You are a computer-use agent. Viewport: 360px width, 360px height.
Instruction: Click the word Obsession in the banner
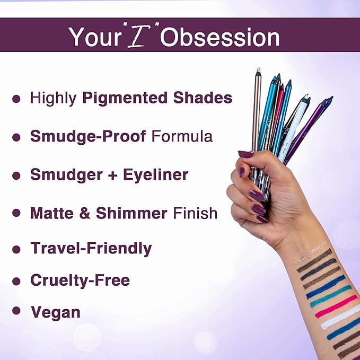click(x=219, y=37)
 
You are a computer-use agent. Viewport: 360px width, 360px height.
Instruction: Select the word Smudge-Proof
click(x=88, y=136)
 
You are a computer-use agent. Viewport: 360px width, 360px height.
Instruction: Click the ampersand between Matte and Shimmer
click(x=86, y=213)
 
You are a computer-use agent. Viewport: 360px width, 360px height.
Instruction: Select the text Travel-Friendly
click(x=91, y=248)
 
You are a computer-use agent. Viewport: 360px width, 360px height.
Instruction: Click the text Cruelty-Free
click(x=80, y=280)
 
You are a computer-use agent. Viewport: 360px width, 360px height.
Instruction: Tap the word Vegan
click(x=56, y=312)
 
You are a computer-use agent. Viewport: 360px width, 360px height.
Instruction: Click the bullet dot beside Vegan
click(x=16, y=311)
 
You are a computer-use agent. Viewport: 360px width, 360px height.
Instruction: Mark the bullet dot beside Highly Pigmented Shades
click(x=16, y=99)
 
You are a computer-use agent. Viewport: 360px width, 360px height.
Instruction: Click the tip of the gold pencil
click(x=258, y=69)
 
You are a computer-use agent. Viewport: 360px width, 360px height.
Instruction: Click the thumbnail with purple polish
click(x=245, y=154)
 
